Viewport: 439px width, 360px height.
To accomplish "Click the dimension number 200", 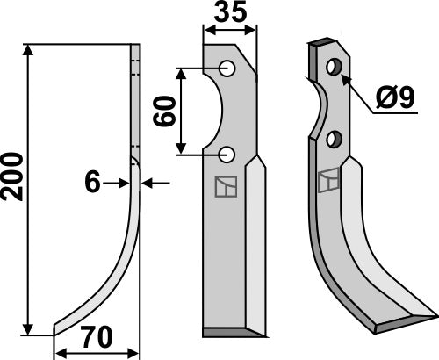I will pos(13,176).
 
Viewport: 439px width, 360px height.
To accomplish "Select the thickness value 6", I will pos(90,182).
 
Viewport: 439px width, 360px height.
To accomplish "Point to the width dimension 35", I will pos(230,13).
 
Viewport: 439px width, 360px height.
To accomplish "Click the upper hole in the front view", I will pos(227,68).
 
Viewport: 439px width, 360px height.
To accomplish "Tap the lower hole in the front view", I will pos(227,155).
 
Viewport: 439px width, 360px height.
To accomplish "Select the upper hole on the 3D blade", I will pos(333,67).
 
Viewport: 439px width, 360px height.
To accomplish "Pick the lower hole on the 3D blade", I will pos(334,139).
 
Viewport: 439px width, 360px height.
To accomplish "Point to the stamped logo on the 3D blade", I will pos(329,180).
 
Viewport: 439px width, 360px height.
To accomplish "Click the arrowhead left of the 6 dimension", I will pos(122,182).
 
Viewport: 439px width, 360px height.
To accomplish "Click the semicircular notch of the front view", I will pos(213,110).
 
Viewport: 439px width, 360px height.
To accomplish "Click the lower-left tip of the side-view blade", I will pos(55,331).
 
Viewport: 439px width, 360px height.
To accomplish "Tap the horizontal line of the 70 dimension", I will pos(97,354).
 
